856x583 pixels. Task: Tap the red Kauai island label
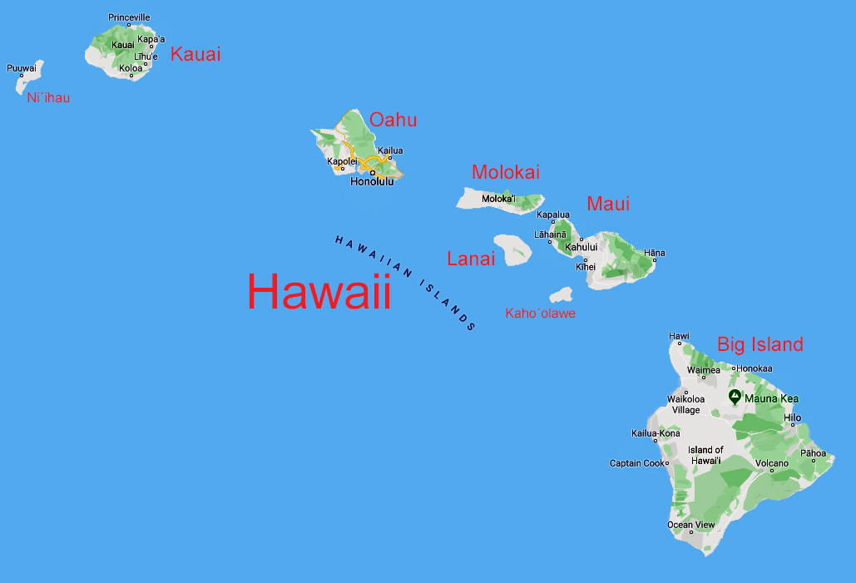[195, 54]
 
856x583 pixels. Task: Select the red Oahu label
[393, 120]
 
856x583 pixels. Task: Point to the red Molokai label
[505, 172]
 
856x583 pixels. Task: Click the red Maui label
[608, 204]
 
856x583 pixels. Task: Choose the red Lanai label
[471, 259]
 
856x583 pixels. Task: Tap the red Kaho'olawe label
[540, 314]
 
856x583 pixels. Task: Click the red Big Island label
[760, 344]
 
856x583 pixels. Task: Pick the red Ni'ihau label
[48, 98]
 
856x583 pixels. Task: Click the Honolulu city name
[372, 181]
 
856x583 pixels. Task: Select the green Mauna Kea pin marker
[735, 397]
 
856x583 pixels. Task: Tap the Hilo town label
[793, 417]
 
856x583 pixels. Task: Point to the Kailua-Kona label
[656, 433]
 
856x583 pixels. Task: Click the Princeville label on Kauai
[129, 17]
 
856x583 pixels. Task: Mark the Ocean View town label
[690, 525]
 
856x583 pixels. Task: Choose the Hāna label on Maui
[655, 253]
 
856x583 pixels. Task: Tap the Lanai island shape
[512, 249]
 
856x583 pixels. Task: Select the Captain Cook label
[637, 463]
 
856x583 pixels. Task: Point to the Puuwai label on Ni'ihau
[22, 68]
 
